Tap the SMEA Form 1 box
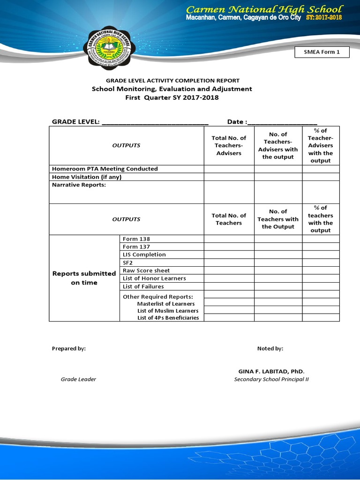click(322, 52)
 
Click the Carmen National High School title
click(264, 9)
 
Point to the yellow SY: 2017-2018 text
click(324, 18)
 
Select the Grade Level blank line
click(155, 122)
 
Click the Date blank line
click(282, 122)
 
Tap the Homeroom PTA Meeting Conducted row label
click(105, 169)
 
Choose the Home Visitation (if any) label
click(89, 177)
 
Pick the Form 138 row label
click(136, 239)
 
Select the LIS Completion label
click(144, 255)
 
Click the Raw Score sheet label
click(146, 270)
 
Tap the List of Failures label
click(143, 286)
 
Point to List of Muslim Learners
click(168, 311)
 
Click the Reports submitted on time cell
click(84, 278)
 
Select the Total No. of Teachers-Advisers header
click(229, 145)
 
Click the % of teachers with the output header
click(321, 219)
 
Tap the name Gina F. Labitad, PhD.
click(271, 371)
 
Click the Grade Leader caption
click(78, 379)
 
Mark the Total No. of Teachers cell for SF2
click(229, 262)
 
